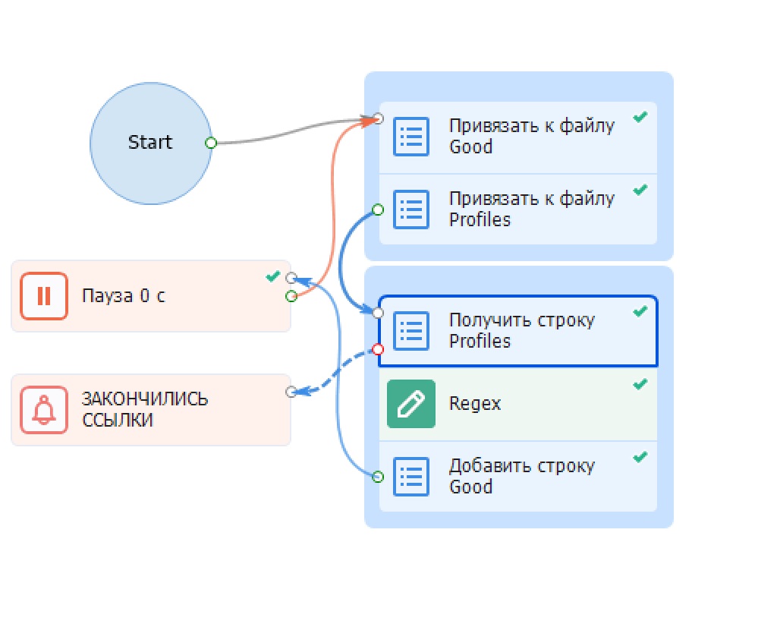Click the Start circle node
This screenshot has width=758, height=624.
click(150, 143)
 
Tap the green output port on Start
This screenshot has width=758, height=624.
click(211, 143)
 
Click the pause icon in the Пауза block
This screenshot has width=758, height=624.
click(43, 296)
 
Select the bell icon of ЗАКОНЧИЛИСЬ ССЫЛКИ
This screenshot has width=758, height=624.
click(43, 410)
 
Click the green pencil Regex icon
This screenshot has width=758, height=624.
click(411, 404)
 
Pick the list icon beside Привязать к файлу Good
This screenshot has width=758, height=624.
click(411, 137)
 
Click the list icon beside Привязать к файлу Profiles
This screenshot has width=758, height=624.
click(411, 210)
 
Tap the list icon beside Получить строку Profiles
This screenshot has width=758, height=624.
click(411, 331)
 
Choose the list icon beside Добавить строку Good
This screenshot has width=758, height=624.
click(411, 477)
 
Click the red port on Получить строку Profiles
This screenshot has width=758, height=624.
click(378, 349)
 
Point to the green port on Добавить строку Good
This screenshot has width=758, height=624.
click(378, 477)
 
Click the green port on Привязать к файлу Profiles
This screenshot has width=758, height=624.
click(378, 210)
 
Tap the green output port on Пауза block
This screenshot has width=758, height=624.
click(291, 296)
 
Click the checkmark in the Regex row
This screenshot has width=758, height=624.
click(640, 384)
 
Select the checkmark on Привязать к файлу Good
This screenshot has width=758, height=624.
click(640, 117)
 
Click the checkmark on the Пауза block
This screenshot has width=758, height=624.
click(272, 276)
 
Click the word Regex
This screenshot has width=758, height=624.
click(475, 404)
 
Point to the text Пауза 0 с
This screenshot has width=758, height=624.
click(124, 295)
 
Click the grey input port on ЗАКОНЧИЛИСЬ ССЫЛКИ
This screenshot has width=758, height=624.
click(291, 392)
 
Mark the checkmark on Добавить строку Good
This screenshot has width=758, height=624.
click(640, 457)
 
